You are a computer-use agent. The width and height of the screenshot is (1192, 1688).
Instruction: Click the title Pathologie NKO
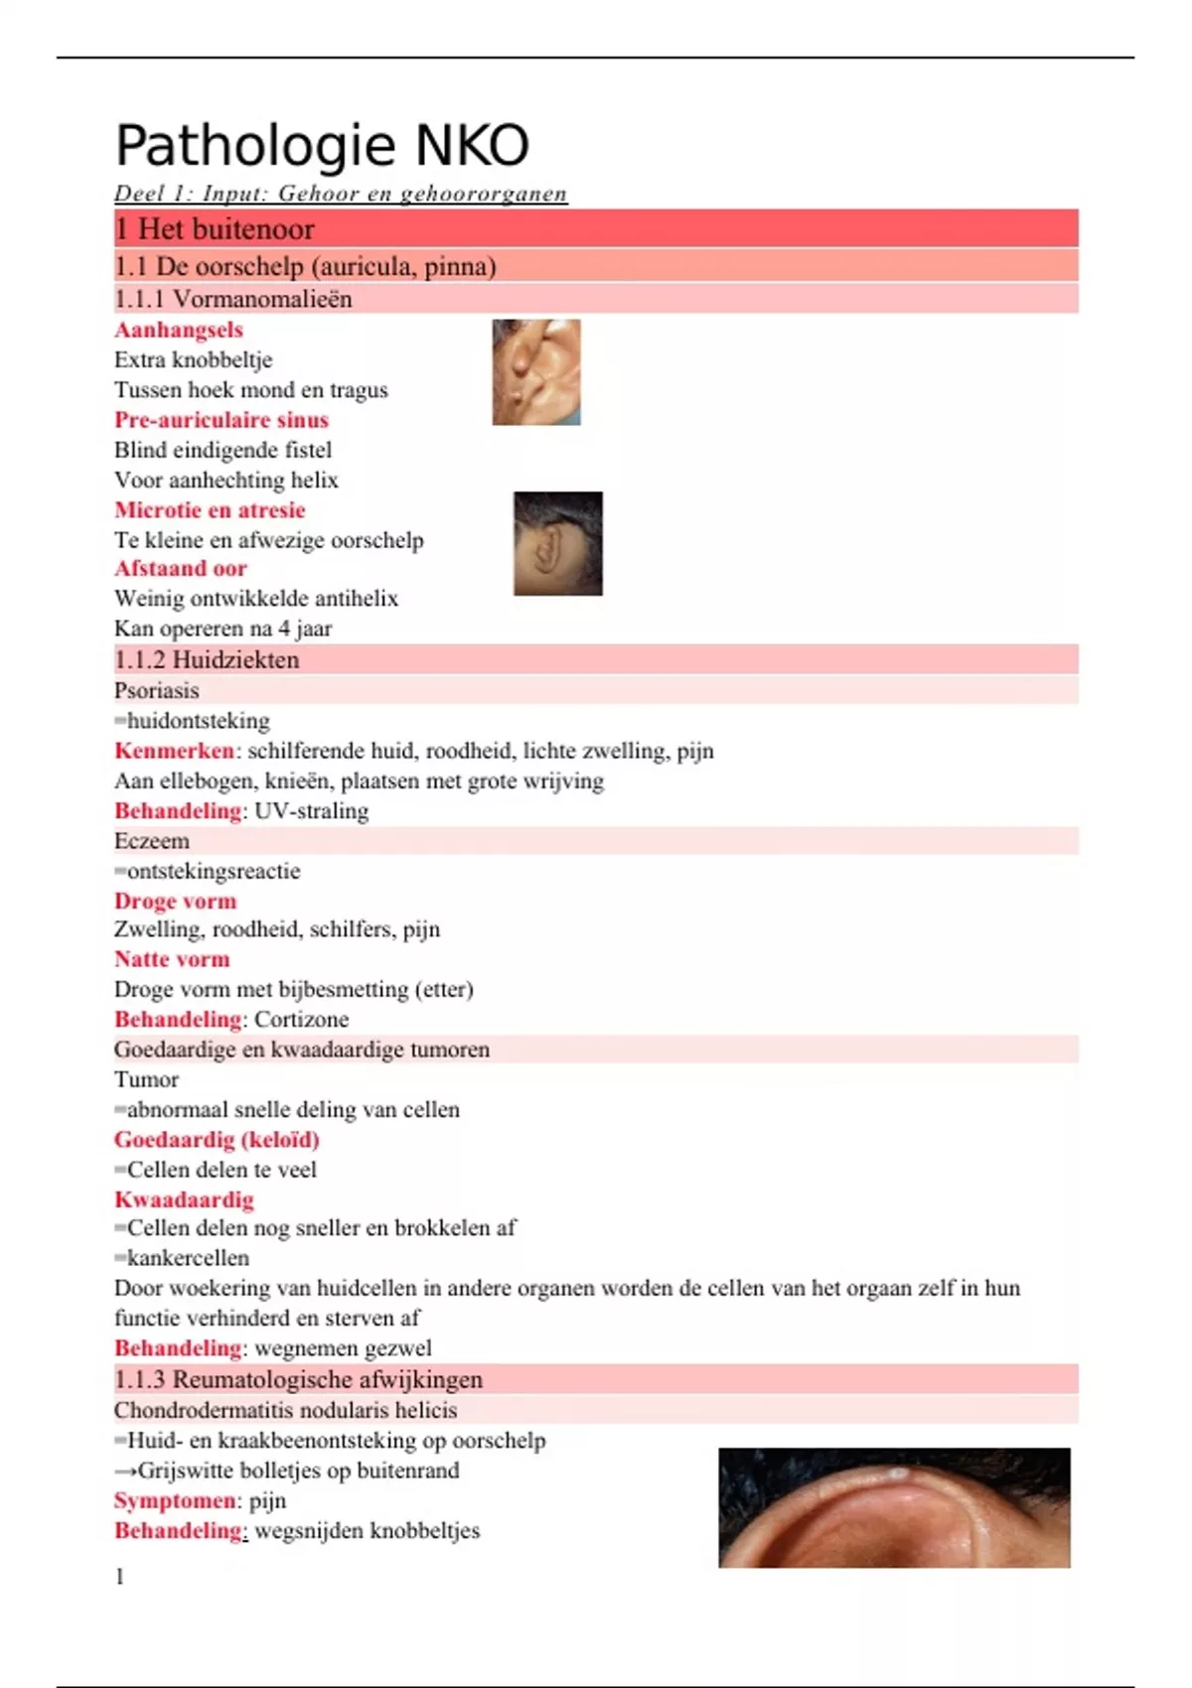[x=322, y=146]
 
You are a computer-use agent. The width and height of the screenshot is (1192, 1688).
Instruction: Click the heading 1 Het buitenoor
[x=215, y=229]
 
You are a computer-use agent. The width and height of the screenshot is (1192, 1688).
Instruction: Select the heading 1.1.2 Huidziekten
[x=207, y=660]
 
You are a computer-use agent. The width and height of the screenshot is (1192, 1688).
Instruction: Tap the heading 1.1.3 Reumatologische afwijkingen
[x=298, y=1379]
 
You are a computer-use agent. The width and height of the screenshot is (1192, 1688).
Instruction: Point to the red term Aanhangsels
[x=179, y=330]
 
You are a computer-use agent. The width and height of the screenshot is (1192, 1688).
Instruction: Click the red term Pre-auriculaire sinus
[x=222, y=420]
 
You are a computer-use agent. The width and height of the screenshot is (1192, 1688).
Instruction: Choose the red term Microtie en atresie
[x=210, y=510]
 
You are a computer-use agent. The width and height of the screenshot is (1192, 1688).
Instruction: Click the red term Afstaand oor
[x=181, y=569]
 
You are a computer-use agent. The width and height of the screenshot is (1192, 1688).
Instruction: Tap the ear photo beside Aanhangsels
[x=536, y=372]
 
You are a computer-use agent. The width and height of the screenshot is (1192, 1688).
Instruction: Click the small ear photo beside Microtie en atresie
[x=557, y=543]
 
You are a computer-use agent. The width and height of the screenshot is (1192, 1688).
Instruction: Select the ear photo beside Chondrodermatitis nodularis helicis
[x=894, y=1507]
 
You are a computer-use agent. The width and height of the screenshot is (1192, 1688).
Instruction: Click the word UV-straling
[x=312, y=811]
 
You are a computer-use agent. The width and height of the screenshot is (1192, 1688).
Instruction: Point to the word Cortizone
[x=302, y=1020]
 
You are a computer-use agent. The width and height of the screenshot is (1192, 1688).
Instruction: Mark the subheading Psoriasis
[x=157, y=691]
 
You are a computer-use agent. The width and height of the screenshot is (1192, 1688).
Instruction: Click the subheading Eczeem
[x=152, y=841]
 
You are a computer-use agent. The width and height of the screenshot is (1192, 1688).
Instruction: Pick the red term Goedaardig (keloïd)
[x=217, y=1140]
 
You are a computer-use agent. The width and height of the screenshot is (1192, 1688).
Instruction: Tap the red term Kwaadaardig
[x=184, y=1200]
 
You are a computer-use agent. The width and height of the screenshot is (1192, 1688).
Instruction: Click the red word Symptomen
[x=175, y=1500]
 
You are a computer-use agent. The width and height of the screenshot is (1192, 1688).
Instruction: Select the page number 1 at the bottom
[x=120, y=1577]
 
